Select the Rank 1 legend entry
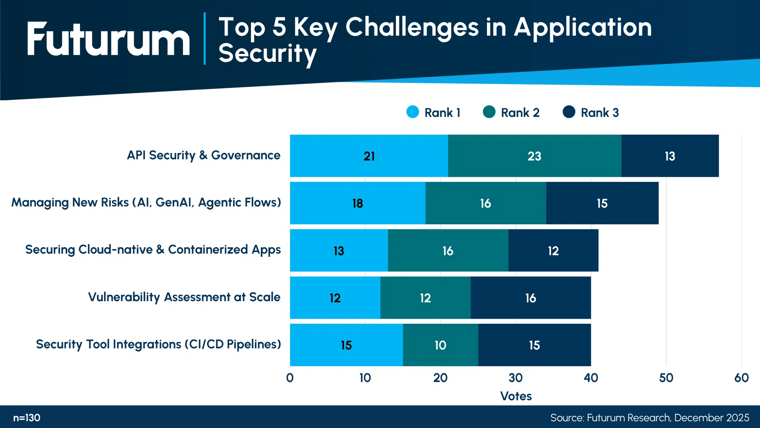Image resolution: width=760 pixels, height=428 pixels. click(x=433, y=113)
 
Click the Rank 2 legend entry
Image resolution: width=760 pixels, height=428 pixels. click(x=511, y=113)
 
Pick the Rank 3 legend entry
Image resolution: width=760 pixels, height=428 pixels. click(x=591, y=113)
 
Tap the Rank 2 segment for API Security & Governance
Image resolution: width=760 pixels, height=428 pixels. click(x=534, y=156)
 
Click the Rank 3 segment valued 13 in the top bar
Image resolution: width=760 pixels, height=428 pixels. click(x=670, y=156)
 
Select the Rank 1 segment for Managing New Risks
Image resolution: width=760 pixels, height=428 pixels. click(x=357, y=203)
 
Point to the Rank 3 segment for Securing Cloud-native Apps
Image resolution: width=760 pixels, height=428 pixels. click(x=553, y=250)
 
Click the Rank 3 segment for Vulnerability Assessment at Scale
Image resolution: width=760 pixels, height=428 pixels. click(x=530, y=298)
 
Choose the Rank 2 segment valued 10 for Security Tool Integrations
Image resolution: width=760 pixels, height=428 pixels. click(x=440, y=345)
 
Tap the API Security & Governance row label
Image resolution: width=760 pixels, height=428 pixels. click(x=203, y=155)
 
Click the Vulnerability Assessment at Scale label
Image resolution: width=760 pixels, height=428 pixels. click(x=184, y=297)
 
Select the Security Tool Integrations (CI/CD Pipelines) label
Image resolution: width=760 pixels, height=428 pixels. click(x=158, y=344)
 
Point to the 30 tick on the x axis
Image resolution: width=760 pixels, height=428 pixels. click(x=515, y=378)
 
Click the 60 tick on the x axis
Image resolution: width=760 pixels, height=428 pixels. click(x=741, y=378)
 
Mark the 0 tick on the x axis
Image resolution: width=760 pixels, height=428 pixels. click(x=290, y=378)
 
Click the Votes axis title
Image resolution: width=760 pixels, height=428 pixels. click(x=516, y=396)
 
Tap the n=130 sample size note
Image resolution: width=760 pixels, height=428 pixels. click(x=27, y=418)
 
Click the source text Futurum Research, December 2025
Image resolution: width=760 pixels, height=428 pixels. click(x=649, y=418)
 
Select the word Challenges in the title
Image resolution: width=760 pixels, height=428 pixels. click(x=412, y=28)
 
